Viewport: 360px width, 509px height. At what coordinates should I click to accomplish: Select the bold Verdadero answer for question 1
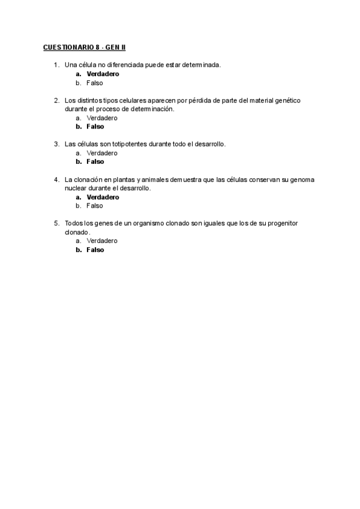103,74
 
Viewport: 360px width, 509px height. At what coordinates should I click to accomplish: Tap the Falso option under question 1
95,83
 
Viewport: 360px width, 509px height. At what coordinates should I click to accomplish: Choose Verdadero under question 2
102,118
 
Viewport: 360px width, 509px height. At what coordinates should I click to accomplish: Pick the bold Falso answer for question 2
95,127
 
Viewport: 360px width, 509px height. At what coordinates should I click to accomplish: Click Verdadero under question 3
102,153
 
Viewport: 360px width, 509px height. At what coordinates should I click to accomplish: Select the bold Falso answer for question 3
95,161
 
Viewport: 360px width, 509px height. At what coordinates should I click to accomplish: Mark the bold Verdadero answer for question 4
103,197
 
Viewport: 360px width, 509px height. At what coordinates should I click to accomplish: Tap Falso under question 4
95,205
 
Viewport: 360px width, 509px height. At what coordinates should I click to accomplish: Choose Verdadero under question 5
102,241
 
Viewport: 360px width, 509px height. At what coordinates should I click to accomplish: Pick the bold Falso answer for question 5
95,250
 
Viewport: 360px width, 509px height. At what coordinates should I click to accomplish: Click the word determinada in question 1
202,65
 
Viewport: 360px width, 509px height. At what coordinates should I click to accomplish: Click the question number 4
56,179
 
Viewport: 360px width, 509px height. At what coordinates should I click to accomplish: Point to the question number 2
56,100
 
